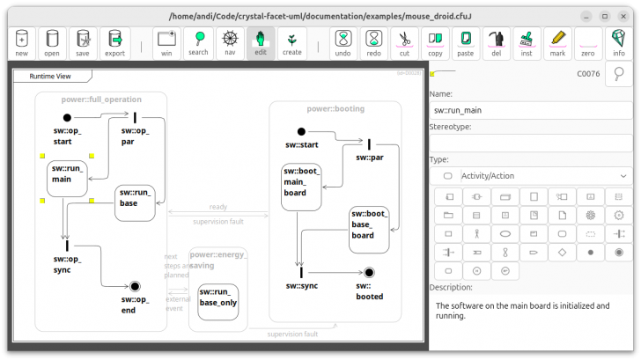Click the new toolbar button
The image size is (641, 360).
point(21,42)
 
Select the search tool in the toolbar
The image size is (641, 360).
point(199,42)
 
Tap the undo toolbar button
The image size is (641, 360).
point(343,42)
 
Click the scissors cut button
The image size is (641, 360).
point(404,42)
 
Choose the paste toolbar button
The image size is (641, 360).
point(466,42)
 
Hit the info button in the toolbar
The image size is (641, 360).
point(619,42)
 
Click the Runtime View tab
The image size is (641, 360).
point(50,76)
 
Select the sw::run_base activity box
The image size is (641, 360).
point(135,202)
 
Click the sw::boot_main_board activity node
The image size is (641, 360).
point(301,187)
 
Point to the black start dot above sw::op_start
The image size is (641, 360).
point(67,117)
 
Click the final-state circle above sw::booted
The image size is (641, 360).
point(370,273)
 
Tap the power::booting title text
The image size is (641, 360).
point(335,109)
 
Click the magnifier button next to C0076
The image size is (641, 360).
point(619,74)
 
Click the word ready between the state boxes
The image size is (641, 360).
point(217,207)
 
